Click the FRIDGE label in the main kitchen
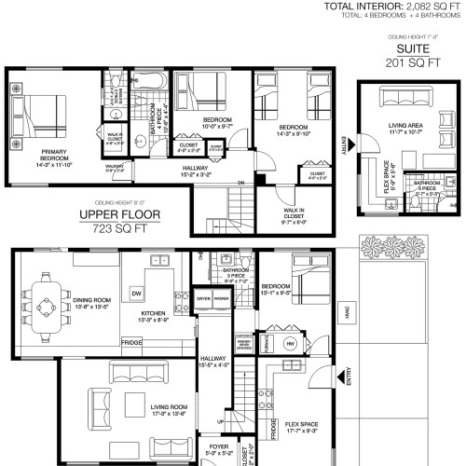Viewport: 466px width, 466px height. coord(132,343)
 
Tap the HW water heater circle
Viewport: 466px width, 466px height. coord(290,344)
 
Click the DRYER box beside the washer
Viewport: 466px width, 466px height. coord(203,298)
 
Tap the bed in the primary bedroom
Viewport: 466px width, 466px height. coord(42,115)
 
